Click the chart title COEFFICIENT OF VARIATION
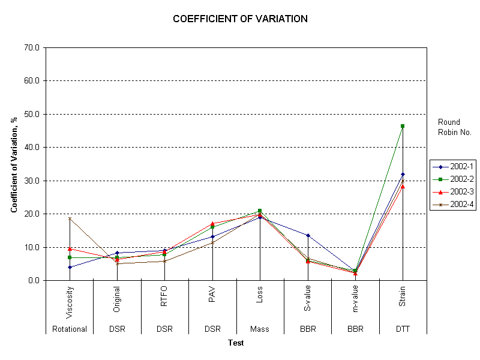click(x=240, y=19)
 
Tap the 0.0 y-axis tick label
click(x=33, y=280)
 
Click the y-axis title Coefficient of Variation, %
click(x=14, y=164)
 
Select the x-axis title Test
click(x=236, y=343)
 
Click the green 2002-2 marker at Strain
click(x=403, y=126)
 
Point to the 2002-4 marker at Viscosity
click(x=70, y=218)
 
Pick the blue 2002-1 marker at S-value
click(x=308, y=235)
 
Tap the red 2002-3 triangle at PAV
click(x=212, y=224)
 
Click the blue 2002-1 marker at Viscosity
click(x=70, y=267)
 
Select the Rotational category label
click(x=70, y=329)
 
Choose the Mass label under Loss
click(x=260, y=329)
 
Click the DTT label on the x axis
click(x=403, y=329)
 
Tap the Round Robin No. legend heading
click(x=454, y=127)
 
